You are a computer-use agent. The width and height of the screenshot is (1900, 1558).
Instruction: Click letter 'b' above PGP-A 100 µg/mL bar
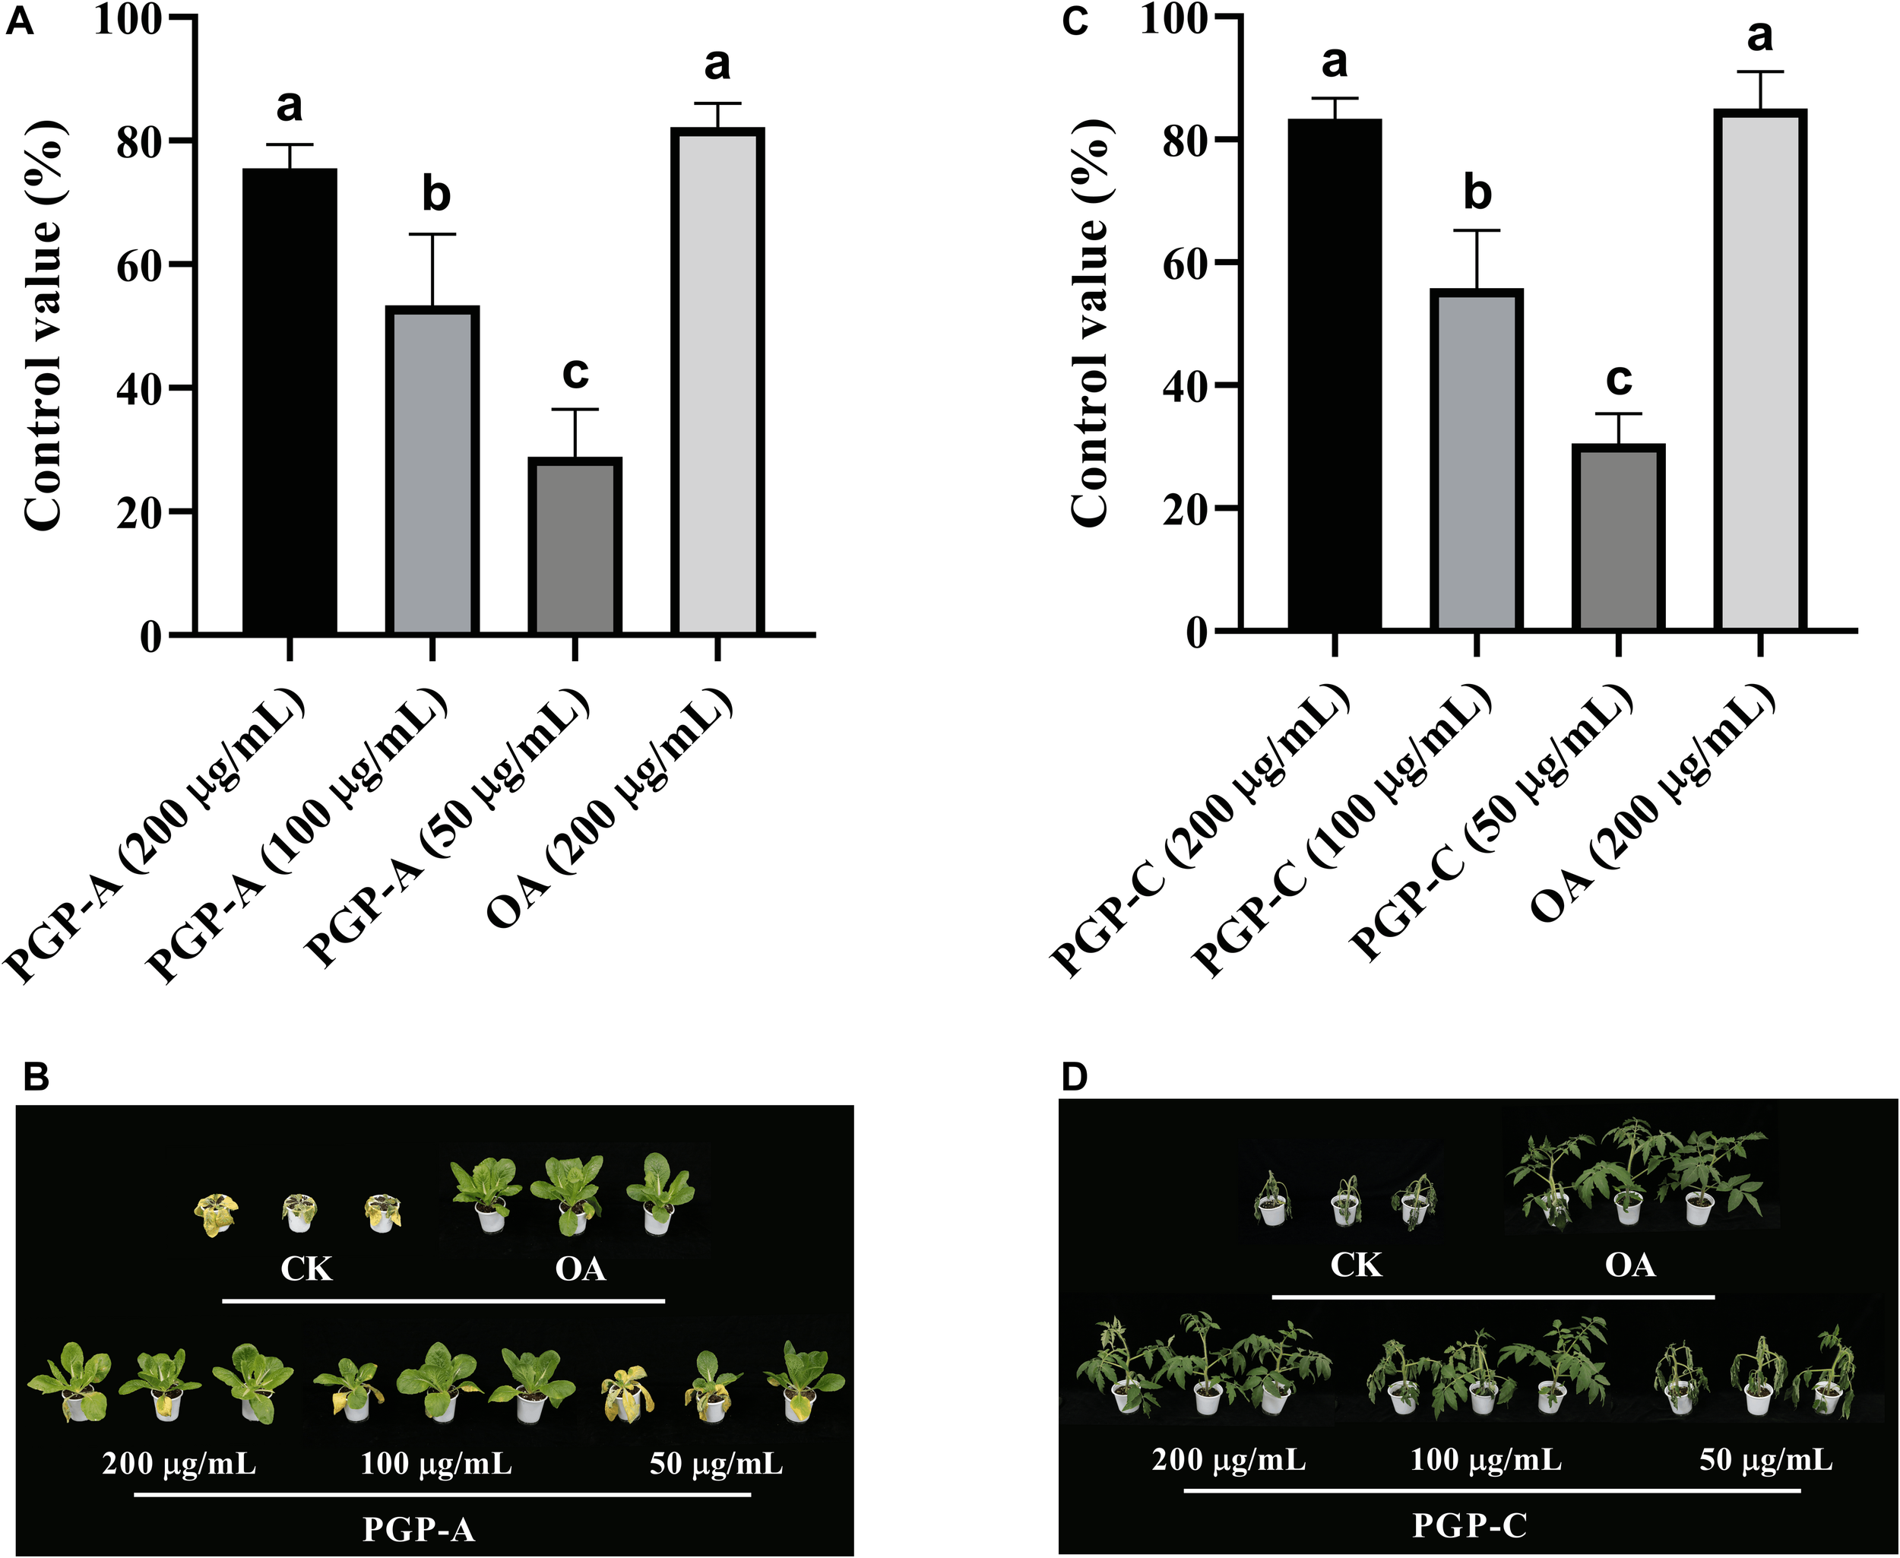coord(436,195)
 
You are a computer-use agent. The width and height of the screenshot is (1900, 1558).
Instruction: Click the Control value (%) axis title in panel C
coord(1091,323)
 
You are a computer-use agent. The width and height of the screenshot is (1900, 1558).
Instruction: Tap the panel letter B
coord(36,1078)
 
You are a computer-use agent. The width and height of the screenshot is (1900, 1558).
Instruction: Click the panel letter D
coord(1075,1078)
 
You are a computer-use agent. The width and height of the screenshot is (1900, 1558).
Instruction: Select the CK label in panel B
coord(306,1269)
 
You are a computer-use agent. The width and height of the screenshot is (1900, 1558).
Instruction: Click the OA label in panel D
coord(1630,1265)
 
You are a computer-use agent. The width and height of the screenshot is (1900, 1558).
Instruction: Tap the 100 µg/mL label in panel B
coord(436,1465)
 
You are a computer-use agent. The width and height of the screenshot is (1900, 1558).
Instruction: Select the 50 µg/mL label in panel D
coord(1765,1461)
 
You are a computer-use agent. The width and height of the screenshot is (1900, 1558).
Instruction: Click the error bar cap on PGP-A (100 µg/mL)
coord(432,234)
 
